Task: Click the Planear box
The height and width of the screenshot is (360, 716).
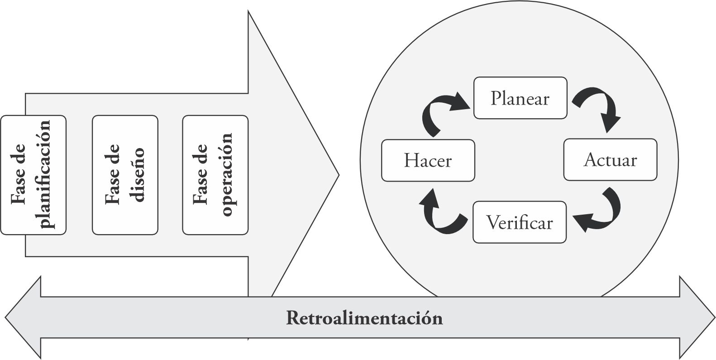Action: click(520, 98)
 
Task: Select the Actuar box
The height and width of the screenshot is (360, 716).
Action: click(610, 160)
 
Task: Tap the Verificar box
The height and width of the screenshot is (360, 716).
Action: click(520, 222)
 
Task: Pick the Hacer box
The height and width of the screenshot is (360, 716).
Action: click(428, 161)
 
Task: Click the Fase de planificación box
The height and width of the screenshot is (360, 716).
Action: click(33, 175)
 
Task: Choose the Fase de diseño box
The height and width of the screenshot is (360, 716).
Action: click(125, 175)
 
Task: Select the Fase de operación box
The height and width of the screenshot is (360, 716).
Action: click(215, 175)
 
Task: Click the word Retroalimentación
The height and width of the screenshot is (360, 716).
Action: click(364, 318)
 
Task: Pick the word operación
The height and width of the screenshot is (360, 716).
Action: click(227, 175)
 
